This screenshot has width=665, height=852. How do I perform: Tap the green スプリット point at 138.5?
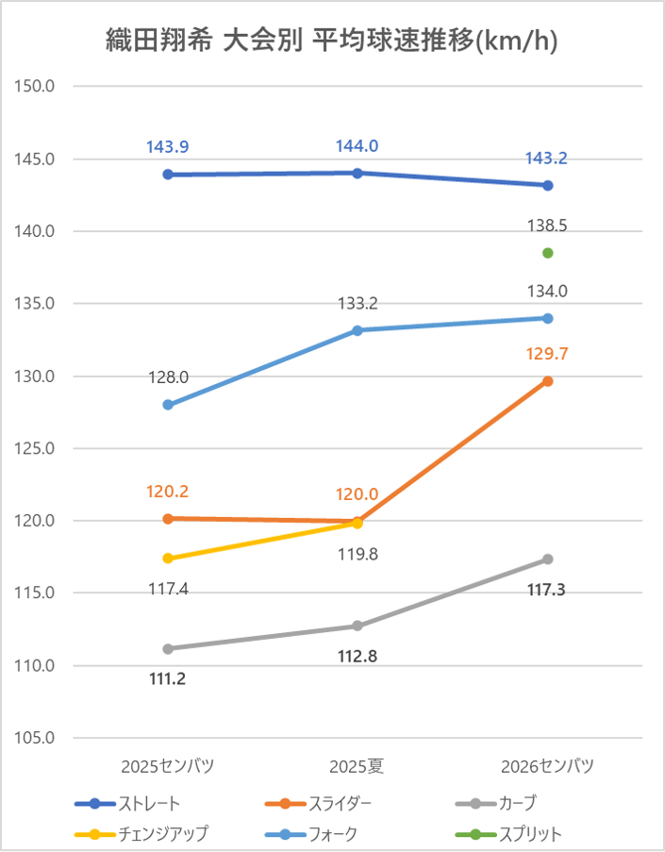coord(547,253)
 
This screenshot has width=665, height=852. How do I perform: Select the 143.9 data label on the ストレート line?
coord(168,147)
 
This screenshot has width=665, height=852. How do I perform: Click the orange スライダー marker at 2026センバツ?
coord(547,381)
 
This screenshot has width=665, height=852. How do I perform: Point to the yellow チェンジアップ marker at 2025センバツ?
coord(168,558)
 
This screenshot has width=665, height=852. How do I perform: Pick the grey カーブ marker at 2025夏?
coord(357,626)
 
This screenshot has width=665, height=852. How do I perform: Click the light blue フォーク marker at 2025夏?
coord(357,330)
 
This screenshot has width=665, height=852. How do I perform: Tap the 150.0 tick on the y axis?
coord(36,86)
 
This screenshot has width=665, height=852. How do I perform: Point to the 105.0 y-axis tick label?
coord(36,739)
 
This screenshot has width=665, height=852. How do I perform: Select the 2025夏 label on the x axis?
coord(357,765)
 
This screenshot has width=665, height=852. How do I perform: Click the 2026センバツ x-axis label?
coord(547,765)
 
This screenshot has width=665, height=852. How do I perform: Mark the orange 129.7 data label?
coord(547,354)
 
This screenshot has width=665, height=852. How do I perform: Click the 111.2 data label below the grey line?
coord(168,677)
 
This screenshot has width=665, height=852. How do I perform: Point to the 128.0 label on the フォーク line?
coord(168,377)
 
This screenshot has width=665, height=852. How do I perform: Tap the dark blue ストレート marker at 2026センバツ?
coord(547,185)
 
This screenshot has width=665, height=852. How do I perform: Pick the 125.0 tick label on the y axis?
coord(36,448)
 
